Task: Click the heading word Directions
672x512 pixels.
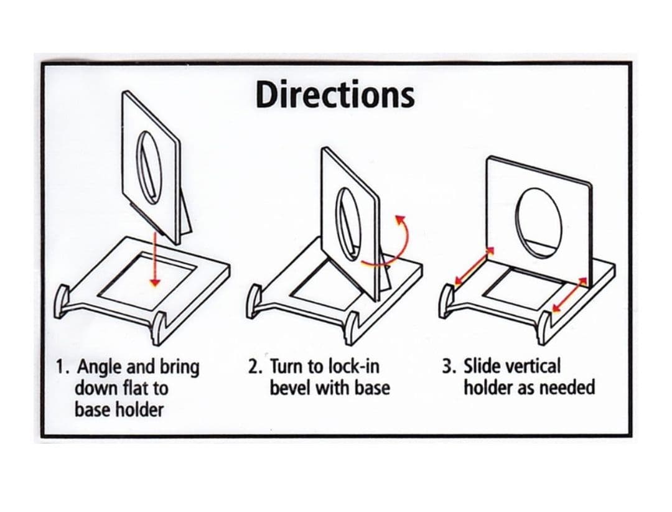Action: (335, 95)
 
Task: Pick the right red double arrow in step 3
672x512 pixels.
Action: (569, 294)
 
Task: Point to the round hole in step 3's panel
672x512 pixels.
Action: (538, 223)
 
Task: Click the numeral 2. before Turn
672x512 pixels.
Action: (256, 367)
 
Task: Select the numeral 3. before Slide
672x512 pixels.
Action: (450, 367)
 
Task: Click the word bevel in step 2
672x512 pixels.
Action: (290, 388)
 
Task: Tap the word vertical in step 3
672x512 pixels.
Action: (533, 366)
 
